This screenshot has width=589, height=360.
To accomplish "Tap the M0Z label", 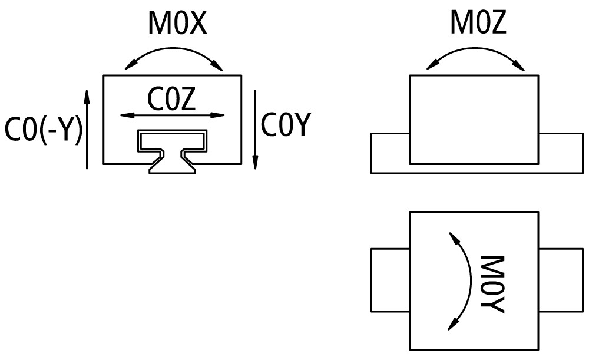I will click(x=478, y=24).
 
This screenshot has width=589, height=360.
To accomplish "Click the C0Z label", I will click(x=171, y=100).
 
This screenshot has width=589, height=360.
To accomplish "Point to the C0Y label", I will click(x=285, y=125).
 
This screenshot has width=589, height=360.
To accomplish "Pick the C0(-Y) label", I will click(x=44, y=130).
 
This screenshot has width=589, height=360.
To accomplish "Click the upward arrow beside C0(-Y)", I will click(x=87, y=130).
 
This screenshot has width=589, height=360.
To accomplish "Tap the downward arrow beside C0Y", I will click(x=255, y=130).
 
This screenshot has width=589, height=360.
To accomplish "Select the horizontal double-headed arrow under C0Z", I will click(x=173, y=115).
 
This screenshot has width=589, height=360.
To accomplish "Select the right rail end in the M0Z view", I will click(x=560, y=153).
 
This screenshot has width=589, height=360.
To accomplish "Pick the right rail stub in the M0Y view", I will click(x=560, y=280).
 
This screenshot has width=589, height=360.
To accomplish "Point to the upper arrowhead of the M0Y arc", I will click(x=453, y=236).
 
